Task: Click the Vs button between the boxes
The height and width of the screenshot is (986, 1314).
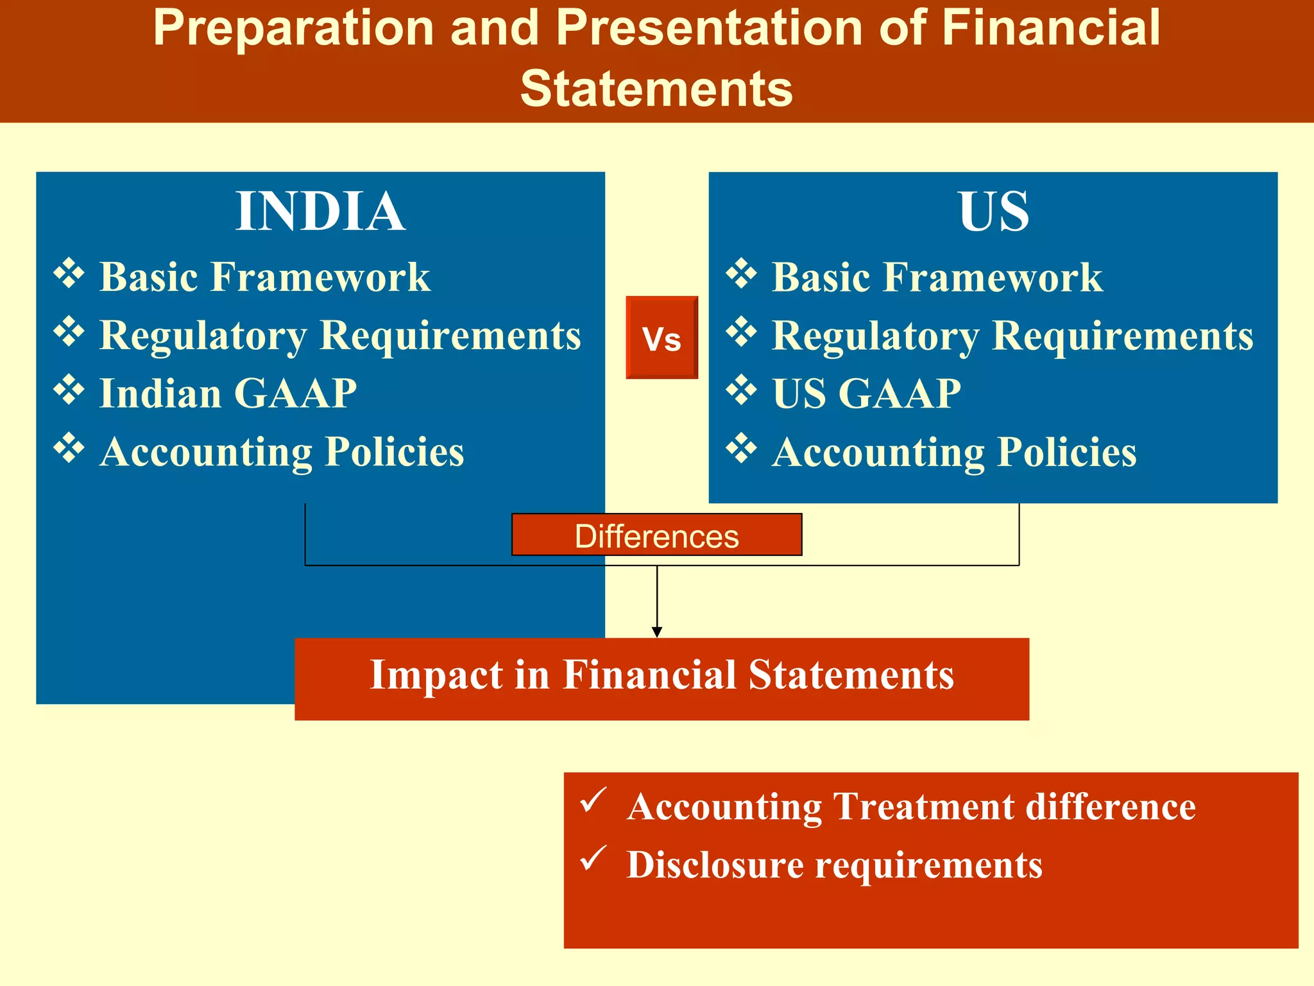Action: tap(661, 338)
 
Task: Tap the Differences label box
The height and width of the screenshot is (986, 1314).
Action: tap(656, 535)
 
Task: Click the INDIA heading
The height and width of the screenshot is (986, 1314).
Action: tap(320, 211)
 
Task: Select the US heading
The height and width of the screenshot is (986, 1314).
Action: tap(993, 211)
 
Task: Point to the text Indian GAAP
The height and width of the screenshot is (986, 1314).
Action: tap(228, 393)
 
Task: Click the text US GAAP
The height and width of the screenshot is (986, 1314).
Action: tap(866, 393)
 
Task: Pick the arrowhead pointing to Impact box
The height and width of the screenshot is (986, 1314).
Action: tap(656, 632)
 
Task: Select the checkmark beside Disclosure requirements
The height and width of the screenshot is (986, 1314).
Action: tap(593, 858)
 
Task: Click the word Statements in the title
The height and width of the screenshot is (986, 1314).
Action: tap(656, 89)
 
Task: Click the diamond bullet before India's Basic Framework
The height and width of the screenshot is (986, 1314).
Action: tap(69, 273)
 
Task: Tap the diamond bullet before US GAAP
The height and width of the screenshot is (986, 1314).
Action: tap(741, 390)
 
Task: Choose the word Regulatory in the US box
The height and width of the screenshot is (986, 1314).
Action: tap(876, 336)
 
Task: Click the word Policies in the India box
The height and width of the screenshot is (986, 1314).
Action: tap(394, 451)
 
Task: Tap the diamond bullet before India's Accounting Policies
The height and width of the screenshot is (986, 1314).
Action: tap(69, 448)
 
